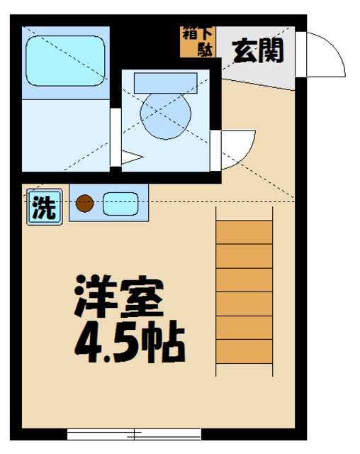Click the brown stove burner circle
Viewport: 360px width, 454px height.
pyautogui.click(x=84, y=204)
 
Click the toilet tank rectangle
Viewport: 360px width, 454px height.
pyautogui.click(x=165, y=82)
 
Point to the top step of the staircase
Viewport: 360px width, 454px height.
pyautogui.click(x=244, y=232)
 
